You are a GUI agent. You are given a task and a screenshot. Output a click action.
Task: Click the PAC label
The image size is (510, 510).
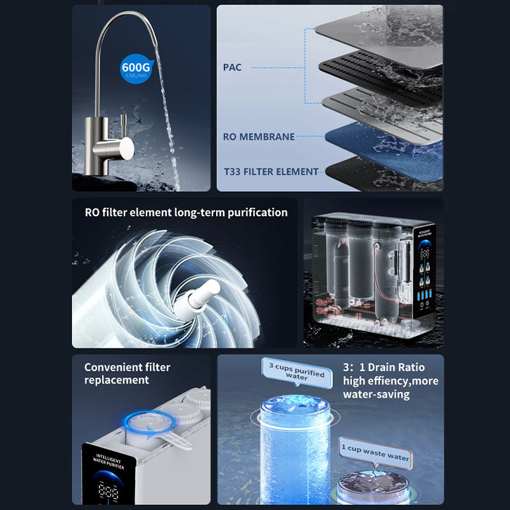click(x=232, y=67)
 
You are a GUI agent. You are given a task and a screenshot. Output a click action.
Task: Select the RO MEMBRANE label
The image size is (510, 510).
click(x=259, y=136)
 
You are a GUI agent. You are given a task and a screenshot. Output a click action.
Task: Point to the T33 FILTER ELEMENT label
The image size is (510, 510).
click(x=271, y=171)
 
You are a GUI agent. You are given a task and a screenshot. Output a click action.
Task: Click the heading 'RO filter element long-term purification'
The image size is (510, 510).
click(x=186, y=212)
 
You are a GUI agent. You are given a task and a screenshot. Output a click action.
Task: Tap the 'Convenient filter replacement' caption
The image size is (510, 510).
click(x=127, y=374)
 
